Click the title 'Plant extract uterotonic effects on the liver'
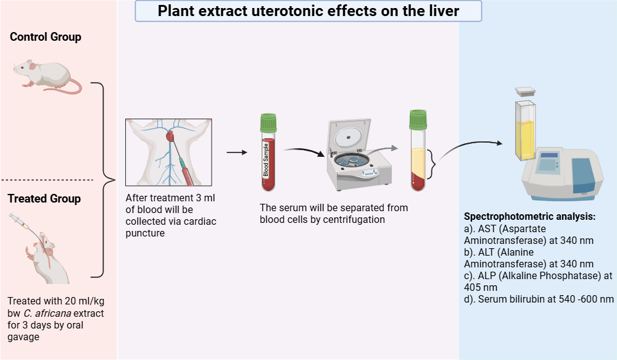(x=308, y=11)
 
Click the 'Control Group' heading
(x=46, y=37)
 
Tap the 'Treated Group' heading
(x=44, y=199)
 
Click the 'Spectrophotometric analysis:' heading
(x=529, y=217)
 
